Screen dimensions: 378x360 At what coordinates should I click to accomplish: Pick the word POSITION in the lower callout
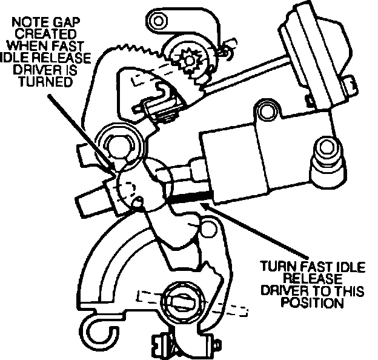point(309,302)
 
